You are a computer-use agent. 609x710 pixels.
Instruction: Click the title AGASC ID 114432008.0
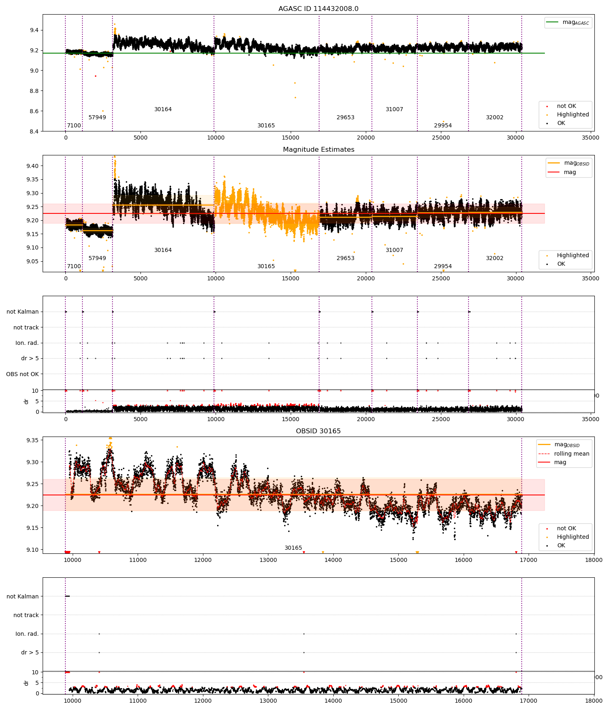click(318, 9)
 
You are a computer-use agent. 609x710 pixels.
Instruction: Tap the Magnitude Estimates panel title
click(318, 150)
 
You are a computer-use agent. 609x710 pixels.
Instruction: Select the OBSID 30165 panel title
click(318, 431)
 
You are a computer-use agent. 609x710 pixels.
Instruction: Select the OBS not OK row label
click(22, 374)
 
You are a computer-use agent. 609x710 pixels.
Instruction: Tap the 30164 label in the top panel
click(163, 110)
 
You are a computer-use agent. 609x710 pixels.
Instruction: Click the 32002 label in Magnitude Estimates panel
click(495, 258)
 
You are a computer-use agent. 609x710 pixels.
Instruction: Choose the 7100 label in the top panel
click(74, 126)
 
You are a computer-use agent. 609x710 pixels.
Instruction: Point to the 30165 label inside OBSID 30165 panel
click(293, 548)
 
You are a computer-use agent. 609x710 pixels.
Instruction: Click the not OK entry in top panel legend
click(566, 106)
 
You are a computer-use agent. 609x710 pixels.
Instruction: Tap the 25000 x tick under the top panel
click(441, 138)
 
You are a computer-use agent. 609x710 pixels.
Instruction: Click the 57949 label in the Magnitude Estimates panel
click(97, 258)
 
